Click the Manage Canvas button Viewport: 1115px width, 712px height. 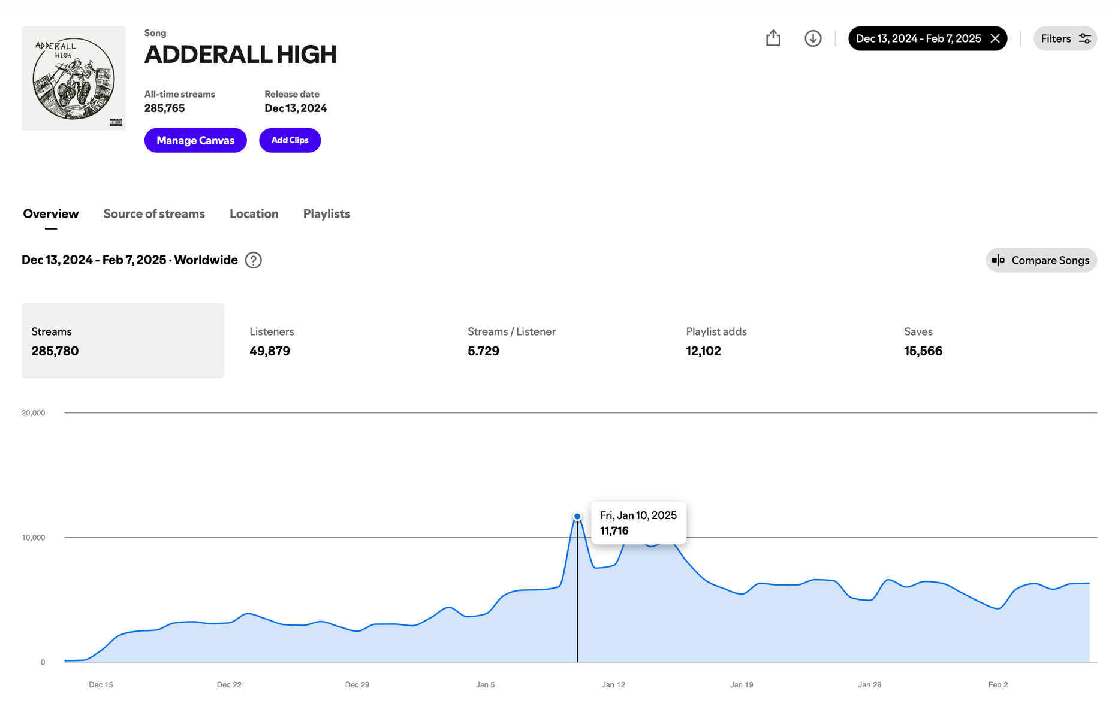(x=195, y=140)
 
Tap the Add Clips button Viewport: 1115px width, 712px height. (x=290, y=140)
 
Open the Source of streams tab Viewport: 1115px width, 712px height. (x=154, y=214)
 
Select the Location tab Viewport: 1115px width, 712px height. (x=254, y=214)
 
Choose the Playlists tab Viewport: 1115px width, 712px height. (x=327, y=214)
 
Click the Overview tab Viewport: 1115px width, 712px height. (x=51, y=214)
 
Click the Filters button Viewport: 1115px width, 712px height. (x=1065, y=38)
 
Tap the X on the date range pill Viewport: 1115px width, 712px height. (x=995, y=38)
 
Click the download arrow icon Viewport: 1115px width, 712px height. (x=813, y=38)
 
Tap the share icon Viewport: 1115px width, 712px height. (x=773, y=38)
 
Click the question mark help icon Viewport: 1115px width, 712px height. (x=254, y=260)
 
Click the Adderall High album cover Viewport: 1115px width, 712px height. (x=74, y=78)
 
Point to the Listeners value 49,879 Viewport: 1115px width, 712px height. (x=270, y=351)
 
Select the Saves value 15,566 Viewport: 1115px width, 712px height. (x=923, y=351)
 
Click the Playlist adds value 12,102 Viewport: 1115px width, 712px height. (x=703, y=351)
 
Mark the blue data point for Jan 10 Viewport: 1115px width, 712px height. (x=577, y=516)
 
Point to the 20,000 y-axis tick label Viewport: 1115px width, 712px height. (x=34, y=413)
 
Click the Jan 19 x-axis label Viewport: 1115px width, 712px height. (x=742, y=684)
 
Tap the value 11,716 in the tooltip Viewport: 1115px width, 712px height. (x=614, y=531)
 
